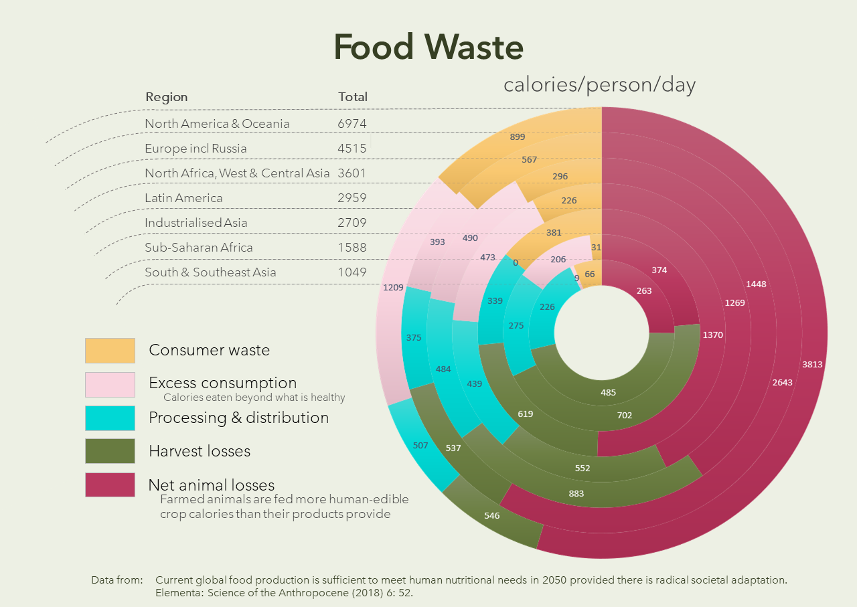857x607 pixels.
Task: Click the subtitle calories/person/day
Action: click(x=599, y=85)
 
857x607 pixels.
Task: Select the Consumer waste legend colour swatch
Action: click(x=110, y=350)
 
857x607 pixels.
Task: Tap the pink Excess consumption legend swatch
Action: click(x=110, y=384)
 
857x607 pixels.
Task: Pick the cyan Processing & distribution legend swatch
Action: click(x=110, y=418)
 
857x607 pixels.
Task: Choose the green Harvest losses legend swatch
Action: click(x=110, y=451)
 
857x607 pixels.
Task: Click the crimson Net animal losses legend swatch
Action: click(x=110, y=485)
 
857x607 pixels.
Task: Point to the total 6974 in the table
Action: click(x=352, y=124)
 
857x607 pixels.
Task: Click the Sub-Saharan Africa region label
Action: click(x=199, y=248)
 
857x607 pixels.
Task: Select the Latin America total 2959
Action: click(x=352, y=198)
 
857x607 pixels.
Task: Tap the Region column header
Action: click(x=167, y=97)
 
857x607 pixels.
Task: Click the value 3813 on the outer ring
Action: click(x=812, y=365)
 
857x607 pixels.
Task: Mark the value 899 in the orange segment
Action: click(x=518, y=137)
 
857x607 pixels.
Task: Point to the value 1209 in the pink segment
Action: click(x=393, y=288)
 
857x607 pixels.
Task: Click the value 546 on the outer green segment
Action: click(x=492, y=516)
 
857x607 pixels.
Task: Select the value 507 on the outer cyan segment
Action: click(x=420, y=445)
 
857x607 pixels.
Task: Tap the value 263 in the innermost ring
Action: click(x=644, y=291)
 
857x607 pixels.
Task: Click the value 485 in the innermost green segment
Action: click(x=608, y=393)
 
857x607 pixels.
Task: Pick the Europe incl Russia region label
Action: click(x=196, y=149)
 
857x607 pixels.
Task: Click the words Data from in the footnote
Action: click(x=116, y=580)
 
